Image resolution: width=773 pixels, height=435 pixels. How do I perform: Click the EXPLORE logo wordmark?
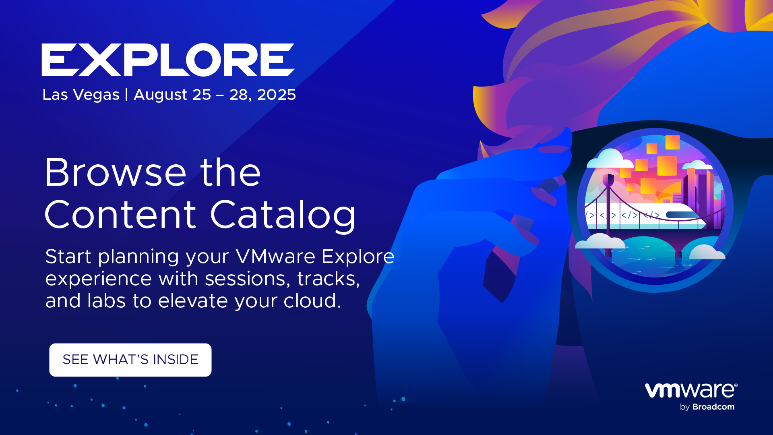point(168,60)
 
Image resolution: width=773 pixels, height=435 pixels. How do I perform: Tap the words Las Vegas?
point(81,95)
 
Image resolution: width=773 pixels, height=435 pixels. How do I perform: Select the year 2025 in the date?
point(276,95)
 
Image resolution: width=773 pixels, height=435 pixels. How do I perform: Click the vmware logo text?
point(691,390)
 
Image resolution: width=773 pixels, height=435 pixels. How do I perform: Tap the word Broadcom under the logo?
point(713,407)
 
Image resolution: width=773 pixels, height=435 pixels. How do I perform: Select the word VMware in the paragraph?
point(275,257)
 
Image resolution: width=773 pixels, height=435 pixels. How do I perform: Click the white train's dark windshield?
point(683,215)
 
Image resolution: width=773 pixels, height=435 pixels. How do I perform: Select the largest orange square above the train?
point(667,166)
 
